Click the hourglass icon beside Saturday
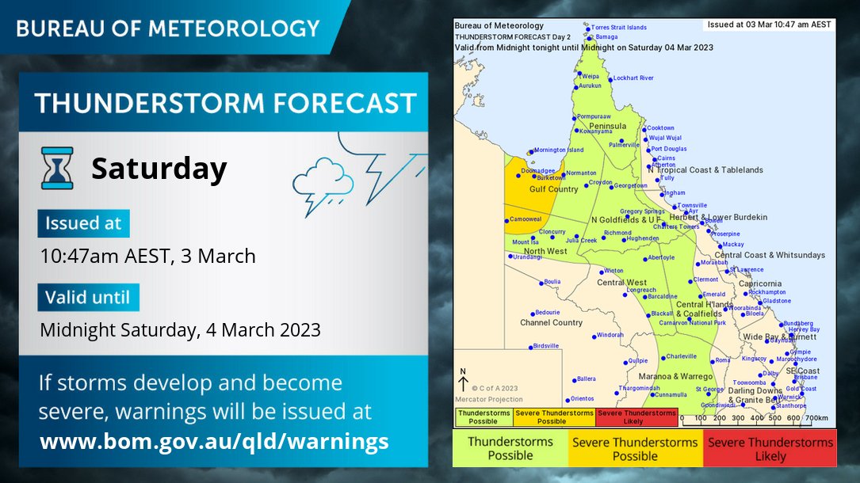click(57, 168)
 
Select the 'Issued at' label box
click(83, 223)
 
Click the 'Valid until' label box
click(88, 298)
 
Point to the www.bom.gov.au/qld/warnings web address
click(214, 441)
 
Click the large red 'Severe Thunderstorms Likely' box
click(770, 449)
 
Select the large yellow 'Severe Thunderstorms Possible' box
click(636, 449)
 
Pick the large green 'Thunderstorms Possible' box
click(510, 449)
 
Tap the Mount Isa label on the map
click(525, 242)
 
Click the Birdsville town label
click(546, 346)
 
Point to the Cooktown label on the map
click(660, 128)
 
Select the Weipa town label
click(591, 76)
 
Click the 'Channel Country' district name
click(551, 323)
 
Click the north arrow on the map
click(463, 382)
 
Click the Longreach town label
click(641, 290)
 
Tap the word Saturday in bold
click(159, 169)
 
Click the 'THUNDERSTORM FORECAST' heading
click(225, 103)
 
